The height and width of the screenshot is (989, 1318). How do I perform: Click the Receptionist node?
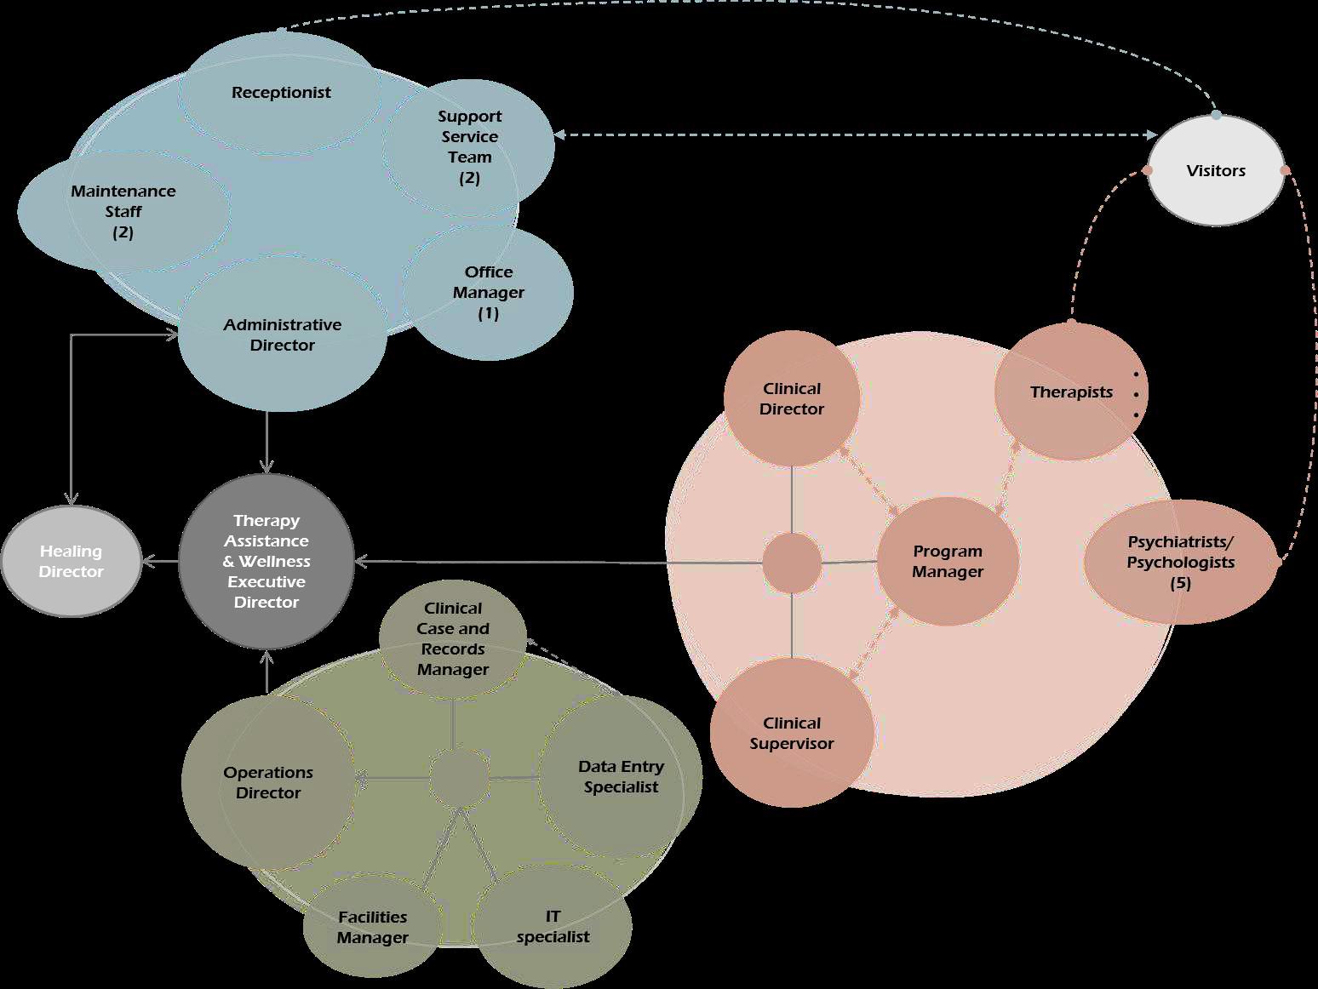[281, 93]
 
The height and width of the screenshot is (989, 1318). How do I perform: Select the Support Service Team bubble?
[469, 146]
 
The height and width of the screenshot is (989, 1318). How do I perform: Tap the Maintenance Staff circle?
[123, 211]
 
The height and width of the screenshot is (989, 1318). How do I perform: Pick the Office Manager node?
[489, 292]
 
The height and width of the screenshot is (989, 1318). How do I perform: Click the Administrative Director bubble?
[282, 334]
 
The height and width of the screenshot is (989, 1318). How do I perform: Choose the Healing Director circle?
[72, 562]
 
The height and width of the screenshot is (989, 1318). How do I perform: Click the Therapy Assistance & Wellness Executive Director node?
[266, 561]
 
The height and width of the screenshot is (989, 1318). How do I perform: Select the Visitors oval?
[1216, 170]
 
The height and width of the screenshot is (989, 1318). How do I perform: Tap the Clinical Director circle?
[792, 398]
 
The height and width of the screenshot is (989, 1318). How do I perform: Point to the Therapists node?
[1071, 392]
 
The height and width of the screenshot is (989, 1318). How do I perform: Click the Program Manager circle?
[948, 562]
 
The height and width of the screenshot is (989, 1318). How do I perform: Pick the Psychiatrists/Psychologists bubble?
[1181, 562]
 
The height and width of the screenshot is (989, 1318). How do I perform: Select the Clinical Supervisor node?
[792, 733]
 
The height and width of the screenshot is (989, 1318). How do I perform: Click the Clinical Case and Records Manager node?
[453, 638]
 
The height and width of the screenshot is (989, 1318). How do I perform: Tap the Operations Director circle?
[268, 782]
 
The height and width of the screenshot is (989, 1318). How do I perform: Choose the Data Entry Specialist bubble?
[621, 776]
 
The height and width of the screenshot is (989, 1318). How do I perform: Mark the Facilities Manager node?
[372, 927]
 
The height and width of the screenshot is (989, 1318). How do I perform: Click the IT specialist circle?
[553, 926]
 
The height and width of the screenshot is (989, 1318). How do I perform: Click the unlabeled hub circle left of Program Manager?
[792, 563]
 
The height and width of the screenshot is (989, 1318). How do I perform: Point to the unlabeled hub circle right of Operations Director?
[459, 778]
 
